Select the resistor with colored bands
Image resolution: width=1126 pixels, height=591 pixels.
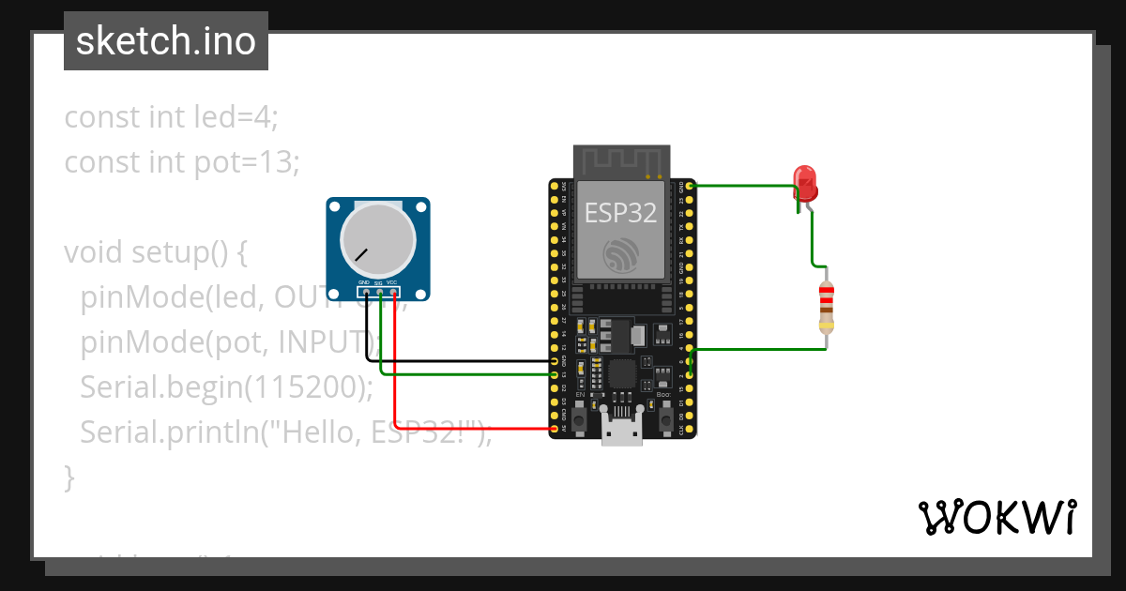[826, 307]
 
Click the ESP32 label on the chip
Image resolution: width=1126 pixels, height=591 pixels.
[620, 212]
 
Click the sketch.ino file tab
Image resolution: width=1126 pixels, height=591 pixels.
[166, 41]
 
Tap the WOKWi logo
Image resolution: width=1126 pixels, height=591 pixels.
[996, 517]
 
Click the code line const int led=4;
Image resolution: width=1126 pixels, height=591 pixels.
[171, 117]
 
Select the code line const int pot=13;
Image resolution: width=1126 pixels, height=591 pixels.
[181, 162]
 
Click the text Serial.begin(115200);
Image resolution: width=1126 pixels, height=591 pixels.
[226, 386]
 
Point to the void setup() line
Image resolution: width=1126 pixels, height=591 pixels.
[154, 252]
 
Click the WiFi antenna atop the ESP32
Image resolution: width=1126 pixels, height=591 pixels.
[621, 160]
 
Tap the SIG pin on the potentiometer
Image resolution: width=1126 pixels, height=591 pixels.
[379, 292]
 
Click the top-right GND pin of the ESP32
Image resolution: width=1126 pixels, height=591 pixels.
[691, 187]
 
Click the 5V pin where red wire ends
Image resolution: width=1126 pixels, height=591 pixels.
[555, 429]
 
